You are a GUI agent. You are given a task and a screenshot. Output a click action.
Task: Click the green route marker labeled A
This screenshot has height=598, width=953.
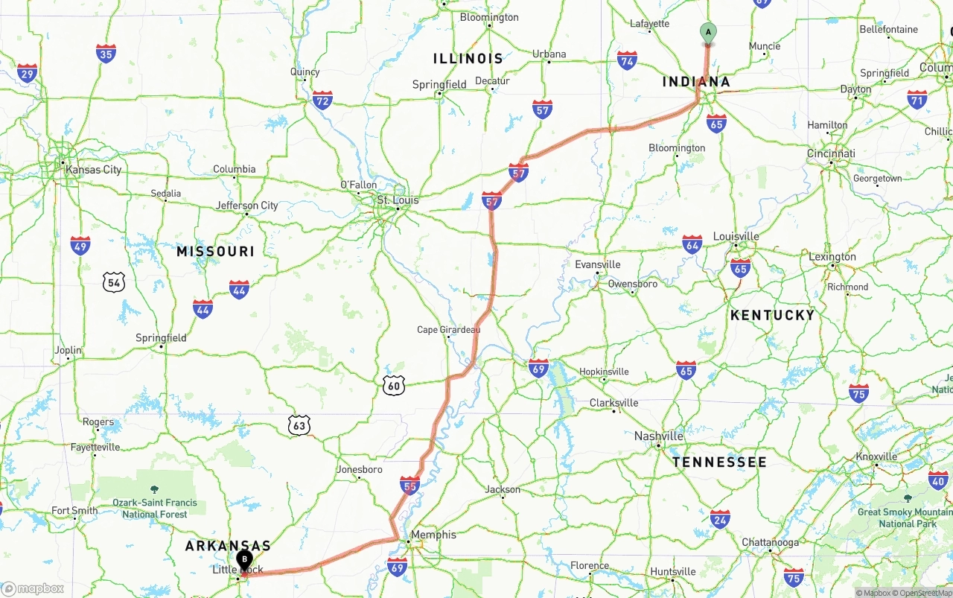(708, 33)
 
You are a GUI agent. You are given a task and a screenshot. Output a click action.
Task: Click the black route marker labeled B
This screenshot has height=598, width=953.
(244, 560)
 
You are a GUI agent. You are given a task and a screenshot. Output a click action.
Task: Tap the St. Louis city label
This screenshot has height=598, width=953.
(398, 200)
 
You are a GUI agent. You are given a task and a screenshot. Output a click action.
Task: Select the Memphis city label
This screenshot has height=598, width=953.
(433, 535)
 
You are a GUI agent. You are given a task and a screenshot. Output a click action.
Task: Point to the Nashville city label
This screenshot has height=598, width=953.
(659, 436)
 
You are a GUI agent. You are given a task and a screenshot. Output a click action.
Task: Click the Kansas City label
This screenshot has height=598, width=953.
(93, 169)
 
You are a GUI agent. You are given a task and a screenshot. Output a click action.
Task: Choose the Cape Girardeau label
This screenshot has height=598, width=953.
(448, 330)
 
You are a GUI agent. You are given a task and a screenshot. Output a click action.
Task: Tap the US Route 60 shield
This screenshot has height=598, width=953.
(394, 385)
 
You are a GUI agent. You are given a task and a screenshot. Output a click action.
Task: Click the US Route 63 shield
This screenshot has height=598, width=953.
(299, 425)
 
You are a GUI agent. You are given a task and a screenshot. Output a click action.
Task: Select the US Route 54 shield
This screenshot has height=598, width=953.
(113, 281)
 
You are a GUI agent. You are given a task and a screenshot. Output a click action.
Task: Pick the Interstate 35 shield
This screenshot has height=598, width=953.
(106, 54)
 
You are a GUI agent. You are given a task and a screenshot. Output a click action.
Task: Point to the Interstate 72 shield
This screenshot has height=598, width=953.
(322, 100)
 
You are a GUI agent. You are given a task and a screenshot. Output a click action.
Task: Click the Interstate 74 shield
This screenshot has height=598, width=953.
(627, 61)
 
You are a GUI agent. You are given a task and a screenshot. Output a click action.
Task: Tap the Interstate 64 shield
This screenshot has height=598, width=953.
(692, 244)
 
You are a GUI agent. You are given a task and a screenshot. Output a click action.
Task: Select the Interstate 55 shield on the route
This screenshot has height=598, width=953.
(409, 486)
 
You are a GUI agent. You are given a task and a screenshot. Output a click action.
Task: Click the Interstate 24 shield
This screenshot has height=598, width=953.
(719, 519)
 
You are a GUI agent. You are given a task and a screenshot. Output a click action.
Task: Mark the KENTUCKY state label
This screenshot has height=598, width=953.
(772, 315)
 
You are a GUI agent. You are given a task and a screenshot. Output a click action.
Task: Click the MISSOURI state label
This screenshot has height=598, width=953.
(215, 252)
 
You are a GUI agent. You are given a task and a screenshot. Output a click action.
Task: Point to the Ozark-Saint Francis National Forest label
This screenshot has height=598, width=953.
(155, 509)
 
